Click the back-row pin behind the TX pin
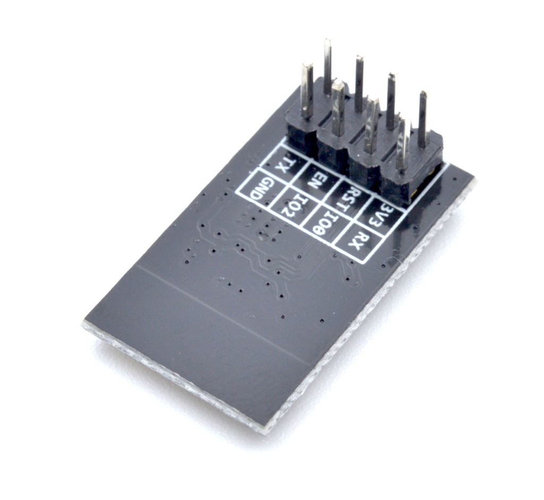point(327,66)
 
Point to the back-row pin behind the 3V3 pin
point(422,119)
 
